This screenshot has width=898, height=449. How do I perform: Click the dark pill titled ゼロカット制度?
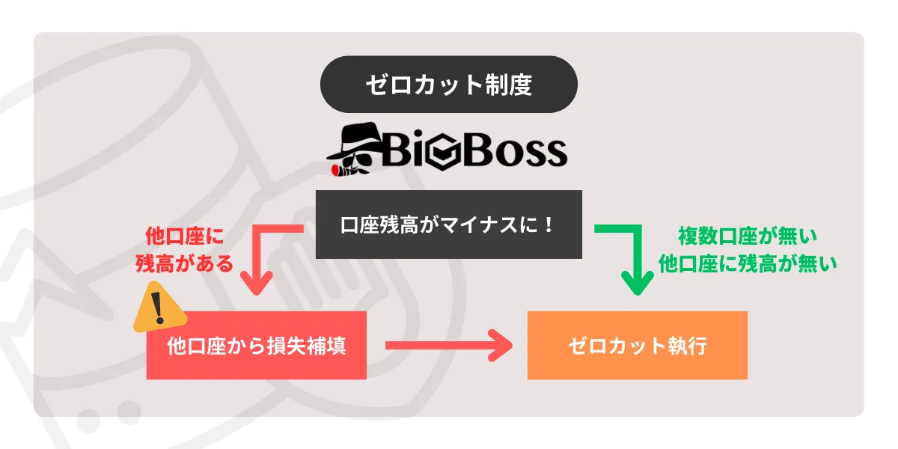tap(449, 85)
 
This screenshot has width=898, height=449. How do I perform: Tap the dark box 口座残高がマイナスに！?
tap(449, 224)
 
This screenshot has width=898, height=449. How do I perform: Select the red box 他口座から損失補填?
tap(257, 346)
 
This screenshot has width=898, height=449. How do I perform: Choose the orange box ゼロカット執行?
tap(638, 346)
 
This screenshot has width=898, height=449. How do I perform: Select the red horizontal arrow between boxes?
tap(449, 346)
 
